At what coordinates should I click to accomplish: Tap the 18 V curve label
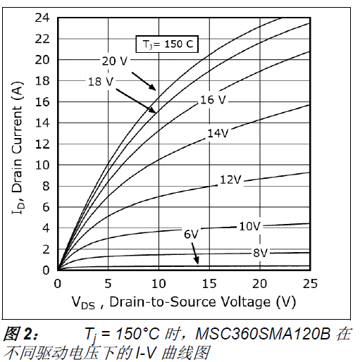click(x=100, y=82)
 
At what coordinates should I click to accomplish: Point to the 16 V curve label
click(x=212, y=100)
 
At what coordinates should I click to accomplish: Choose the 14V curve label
click(x=218, y=133)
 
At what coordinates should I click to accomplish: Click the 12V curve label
click(x=230, y=180)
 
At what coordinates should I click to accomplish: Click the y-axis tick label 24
click(x=43, y=18)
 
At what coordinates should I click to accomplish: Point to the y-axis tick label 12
click(x=43, y=144)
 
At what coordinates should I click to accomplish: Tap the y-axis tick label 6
click(x=46, y=207)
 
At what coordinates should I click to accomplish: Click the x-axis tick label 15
click(x=209, y=283)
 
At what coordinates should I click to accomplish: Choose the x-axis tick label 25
click(x=310, y=283)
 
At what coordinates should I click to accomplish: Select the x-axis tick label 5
click(x=108, y=283)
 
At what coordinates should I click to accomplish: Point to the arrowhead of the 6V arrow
click(x=198, y=263)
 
